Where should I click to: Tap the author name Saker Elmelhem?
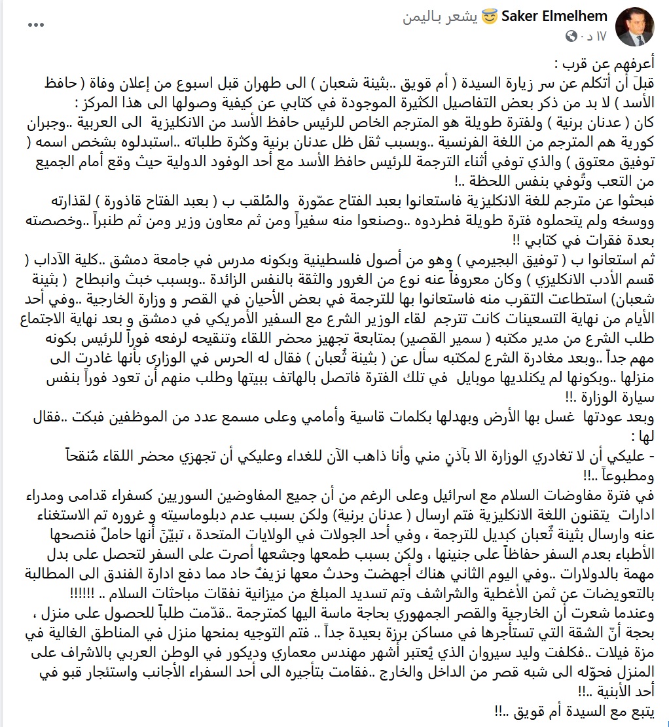(554, 16)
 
